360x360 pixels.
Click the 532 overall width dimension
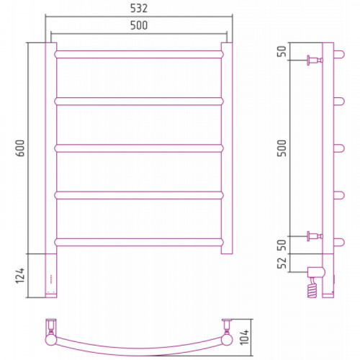(x=139, y=9)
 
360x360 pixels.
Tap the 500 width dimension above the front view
(x=139, y=25)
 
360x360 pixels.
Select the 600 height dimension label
(x=21, y=148)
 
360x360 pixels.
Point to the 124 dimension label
(x=20, y=276)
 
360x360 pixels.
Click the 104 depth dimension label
(x=245, y=337)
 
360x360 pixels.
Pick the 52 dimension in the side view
(x=282, y=263)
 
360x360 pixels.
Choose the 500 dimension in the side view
(x=282, y=148)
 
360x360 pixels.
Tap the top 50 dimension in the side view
(x=282, y=51)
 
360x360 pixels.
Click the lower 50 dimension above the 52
(x=282, y=245)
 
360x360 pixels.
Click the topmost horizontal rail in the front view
(x=139, y=55)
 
